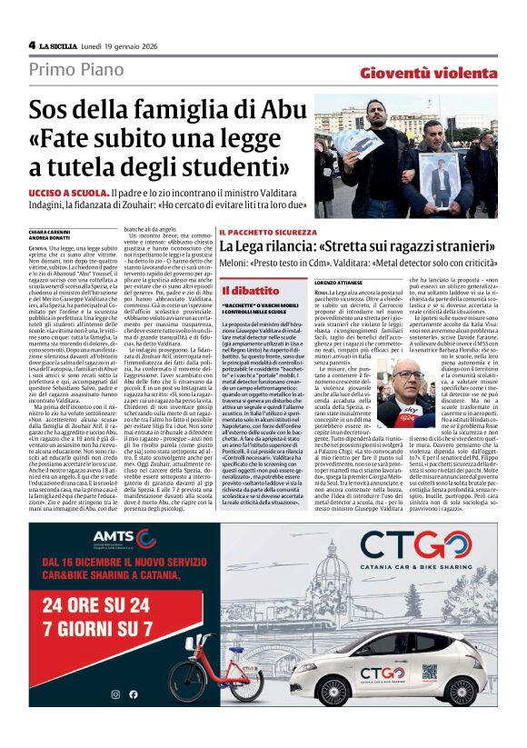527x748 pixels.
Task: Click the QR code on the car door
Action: pos(314,680)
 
